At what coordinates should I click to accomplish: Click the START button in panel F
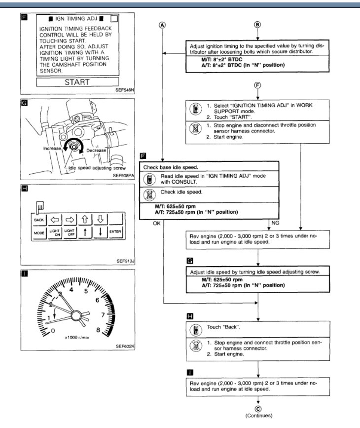(77, 82)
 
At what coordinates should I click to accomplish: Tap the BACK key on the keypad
(39, 219)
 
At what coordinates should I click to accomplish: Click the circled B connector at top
(256, 25)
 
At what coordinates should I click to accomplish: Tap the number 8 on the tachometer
(99, 331)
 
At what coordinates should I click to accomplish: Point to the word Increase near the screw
(52, 148)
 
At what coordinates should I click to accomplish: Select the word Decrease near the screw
(96, 150)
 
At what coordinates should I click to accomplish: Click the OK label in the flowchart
(157, 223)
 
